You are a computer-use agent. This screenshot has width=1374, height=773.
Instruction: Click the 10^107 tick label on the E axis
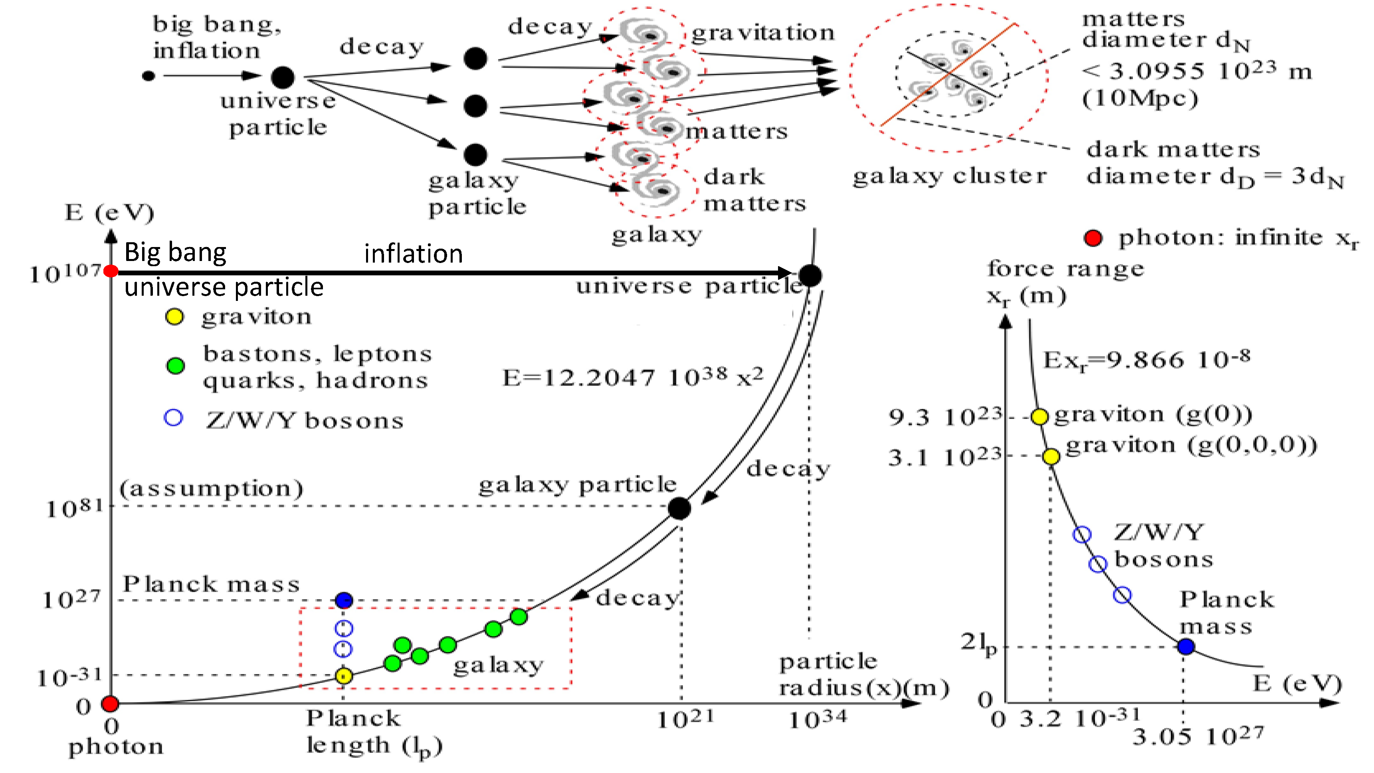click(65, 274)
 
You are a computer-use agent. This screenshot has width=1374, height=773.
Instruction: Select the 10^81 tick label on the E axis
click(74, 508)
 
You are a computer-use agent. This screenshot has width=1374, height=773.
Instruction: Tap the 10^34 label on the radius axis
click(817, 720)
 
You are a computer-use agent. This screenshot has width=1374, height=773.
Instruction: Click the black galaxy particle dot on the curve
click(679, 508)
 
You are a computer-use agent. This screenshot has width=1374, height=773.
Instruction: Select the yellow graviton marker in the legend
click(174, 317)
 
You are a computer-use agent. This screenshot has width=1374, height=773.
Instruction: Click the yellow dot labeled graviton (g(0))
click(1039, 416)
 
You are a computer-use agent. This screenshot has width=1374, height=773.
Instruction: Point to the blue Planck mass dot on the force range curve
click(1185, 646)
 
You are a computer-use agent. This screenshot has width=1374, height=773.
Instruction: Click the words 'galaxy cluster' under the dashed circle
click(949, 176)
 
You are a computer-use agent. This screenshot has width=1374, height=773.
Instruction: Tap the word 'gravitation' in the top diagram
click(763, 33)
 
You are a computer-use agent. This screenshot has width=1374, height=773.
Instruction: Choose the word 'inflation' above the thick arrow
click(414, 254)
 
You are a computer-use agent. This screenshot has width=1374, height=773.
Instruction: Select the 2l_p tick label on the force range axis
click(978, 644)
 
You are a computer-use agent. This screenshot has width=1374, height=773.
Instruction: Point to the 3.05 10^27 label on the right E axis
click(1198, 737)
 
